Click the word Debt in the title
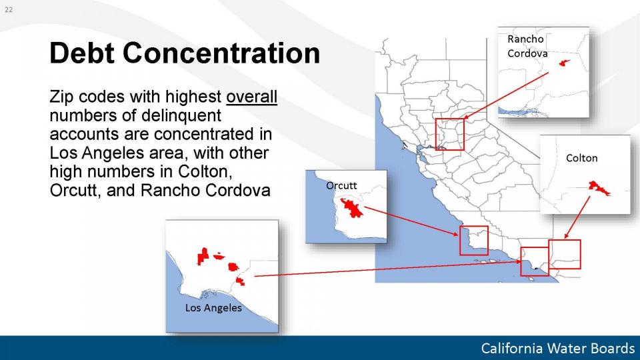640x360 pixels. (81, 53)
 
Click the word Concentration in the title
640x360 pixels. (221, 53)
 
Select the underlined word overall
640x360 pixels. (251, 97)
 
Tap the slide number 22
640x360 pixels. (9, 9)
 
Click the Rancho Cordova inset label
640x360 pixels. (527, 46)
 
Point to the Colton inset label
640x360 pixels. (581, 158)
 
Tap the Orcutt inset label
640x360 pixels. (341, 186)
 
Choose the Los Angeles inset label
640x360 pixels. (213, 308)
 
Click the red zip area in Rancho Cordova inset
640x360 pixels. (564, 63)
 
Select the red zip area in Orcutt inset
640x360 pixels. (351, 207)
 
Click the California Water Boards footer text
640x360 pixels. (557, 348)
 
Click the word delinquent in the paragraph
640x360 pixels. (181, 115)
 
